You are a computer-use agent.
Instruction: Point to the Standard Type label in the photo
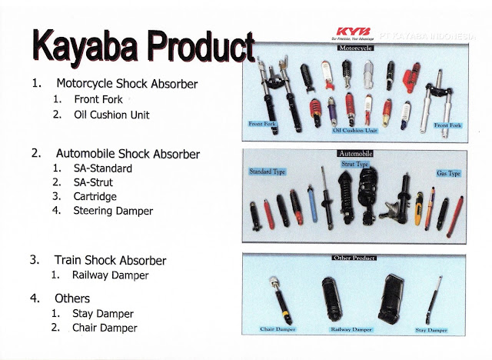coord(266,171)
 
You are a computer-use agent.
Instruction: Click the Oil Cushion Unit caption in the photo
coord(355,131)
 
